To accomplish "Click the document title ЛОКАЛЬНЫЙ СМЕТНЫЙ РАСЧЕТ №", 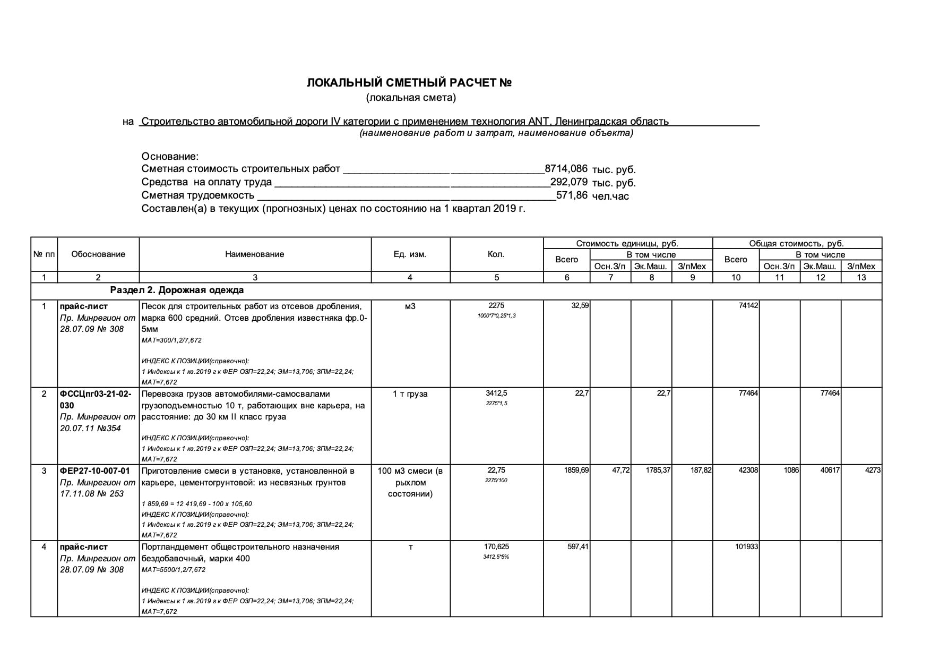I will (409, 83).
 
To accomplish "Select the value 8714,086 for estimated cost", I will (566, 169).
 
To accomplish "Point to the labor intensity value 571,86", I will (572, 195).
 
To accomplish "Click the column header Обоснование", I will (98, 254).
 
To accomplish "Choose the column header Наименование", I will (255, 254).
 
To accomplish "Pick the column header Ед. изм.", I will (410, 254).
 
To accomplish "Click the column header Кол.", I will (496, 254).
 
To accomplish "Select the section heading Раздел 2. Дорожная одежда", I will (177, 290).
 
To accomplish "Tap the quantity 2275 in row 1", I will (496, 305).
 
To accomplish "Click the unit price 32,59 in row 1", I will (580, 306).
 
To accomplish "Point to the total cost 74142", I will (748, 306).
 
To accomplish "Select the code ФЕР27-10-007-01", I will (94, 471).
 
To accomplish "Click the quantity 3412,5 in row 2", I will (496, 394).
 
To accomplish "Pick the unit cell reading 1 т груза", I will (410, 394).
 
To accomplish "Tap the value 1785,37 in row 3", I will (658, 471).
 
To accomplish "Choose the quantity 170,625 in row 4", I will (496, 546).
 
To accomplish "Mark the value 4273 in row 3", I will (873, 471).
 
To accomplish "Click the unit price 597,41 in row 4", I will (578, 546).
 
